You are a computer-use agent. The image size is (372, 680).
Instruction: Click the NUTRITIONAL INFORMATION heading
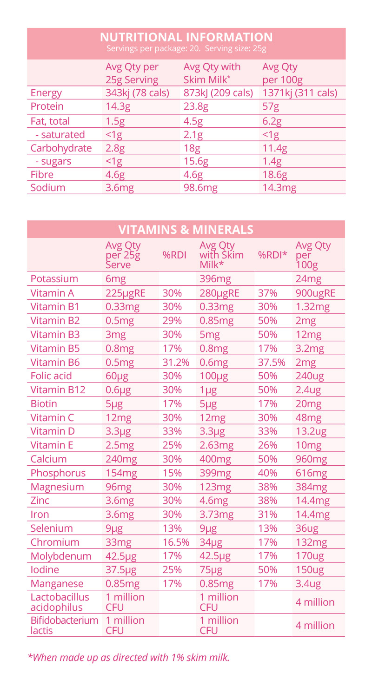coord(186,37)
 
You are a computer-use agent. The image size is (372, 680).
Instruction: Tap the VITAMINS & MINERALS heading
coord(186,230)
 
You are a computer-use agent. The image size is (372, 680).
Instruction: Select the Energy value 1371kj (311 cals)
coord(300,92)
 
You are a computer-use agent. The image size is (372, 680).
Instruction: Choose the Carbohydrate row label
coord(61,148)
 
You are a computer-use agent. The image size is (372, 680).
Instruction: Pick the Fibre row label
coord(42,175)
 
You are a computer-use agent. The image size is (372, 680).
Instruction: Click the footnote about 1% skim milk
coord(129,657)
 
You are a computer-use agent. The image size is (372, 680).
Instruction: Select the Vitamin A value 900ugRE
coord(315,293)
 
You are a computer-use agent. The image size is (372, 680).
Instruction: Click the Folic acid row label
coord(51,376)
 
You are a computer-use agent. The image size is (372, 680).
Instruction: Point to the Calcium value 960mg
coord(311,459)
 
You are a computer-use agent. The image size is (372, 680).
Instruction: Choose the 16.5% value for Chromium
coord(175,542)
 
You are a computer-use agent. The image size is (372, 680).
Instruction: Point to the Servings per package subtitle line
coord(186,48)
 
